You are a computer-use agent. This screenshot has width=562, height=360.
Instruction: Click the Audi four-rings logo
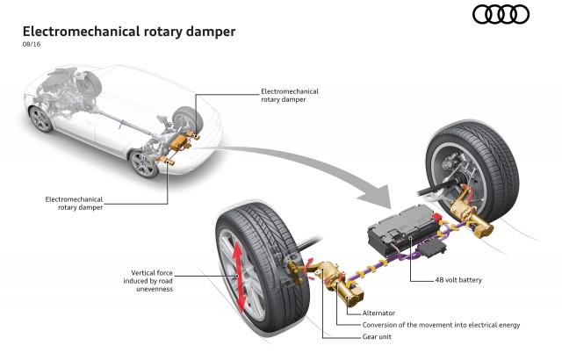pyautogui.click(x=501, y=14)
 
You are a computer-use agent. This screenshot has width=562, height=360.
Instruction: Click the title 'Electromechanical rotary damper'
pyautogui.click(x=128, y=32)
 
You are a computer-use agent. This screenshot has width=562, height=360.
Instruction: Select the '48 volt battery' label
pyautogui.click(x=458, y=280)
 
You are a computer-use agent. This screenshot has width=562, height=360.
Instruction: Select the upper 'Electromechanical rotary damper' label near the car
pyautogui.click(x=290, y=93)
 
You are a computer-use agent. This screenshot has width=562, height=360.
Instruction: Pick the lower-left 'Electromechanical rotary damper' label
pyautogui.click(x=74, y=203)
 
